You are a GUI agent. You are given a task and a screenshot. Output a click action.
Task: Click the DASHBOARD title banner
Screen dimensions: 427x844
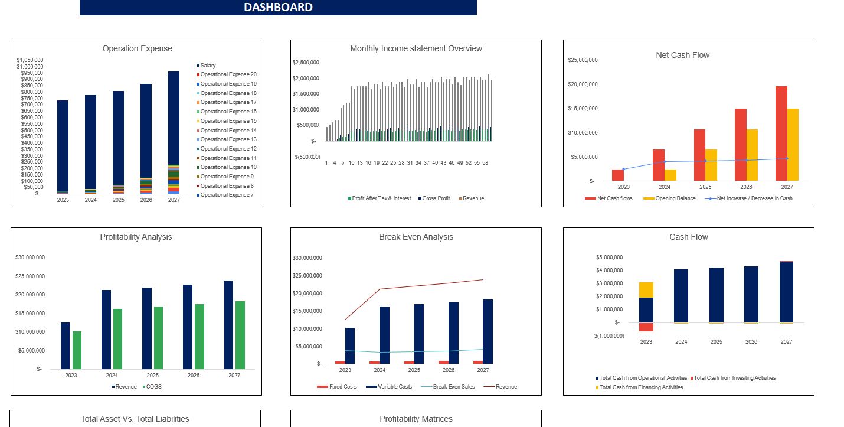[278, 8]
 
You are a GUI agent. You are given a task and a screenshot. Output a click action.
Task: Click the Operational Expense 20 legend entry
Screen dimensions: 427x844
[228, 74]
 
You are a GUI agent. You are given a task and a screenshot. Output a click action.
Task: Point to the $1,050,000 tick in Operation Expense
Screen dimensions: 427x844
[30, 60]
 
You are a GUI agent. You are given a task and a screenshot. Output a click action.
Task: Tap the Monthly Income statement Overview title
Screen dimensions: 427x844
[416, 48]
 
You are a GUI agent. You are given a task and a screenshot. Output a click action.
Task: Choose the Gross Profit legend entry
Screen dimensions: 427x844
[436, 198]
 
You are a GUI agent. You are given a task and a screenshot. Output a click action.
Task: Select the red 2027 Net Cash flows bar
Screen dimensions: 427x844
[781, 133]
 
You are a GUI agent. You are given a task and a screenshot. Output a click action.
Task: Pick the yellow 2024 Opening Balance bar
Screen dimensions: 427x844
[670, 175]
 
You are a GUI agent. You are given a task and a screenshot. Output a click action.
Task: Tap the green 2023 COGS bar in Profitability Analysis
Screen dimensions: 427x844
[77, 350]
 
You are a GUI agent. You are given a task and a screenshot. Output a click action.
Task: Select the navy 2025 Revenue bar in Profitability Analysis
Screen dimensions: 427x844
[147, 328]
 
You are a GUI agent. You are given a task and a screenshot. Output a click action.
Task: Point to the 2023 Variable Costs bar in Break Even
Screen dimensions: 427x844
[350, 345]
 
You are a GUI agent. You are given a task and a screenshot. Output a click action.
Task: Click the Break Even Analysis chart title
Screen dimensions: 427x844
[416, 237]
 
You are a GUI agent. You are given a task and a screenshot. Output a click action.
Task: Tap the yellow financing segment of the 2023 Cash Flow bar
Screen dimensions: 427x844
[646, 289]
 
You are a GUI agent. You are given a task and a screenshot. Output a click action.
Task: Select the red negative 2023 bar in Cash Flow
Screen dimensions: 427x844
[646, 327]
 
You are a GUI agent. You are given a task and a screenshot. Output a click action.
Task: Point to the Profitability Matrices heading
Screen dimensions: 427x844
[416, 419]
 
